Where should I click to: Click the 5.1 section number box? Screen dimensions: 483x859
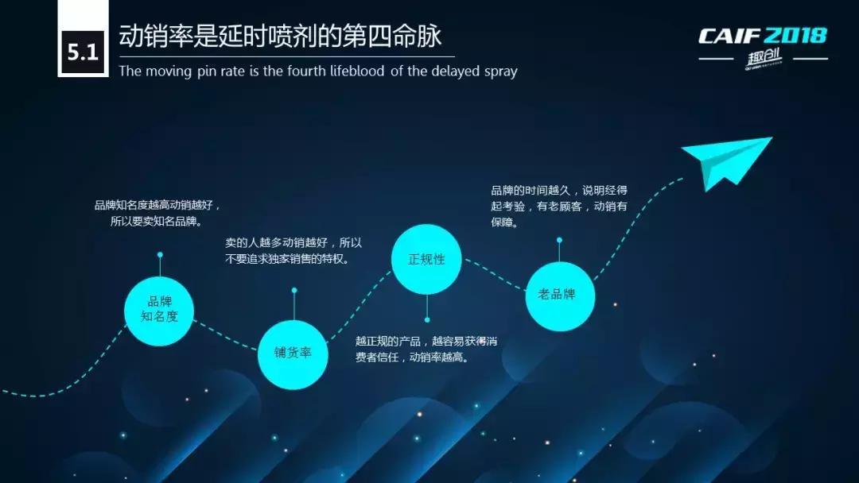click(82, 53)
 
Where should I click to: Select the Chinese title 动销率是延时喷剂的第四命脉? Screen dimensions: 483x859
click(279, 37)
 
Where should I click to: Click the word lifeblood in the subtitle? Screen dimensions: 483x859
click(353, 71)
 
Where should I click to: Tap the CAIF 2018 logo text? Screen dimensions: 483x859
click(762, 36)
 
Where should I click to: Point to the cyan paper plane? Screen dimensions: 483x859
click(728, 161)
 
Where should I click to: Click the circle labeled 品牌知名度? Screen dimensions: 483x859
click(159, 310)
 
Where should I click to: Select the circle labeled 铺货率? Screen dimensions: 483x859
click(293, 354)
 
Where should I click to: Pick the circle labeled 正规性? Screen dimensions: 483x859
click(426, 259)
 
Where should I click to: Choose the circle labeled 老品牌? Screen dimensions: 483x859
click(560, 295)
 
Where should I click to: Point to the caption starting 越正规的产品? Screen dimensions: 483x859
click(426, 350)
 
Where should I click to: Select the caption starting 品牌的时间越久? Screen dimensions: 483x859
click(559, 207)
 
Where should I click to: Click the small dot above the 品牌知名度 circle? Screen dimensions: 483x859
click(160, 255)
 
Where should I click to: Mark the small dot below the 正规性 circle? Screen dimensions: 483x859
click(427, 320)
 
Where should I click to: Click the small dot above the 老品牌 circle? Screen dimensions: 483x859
click(560, 239)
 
